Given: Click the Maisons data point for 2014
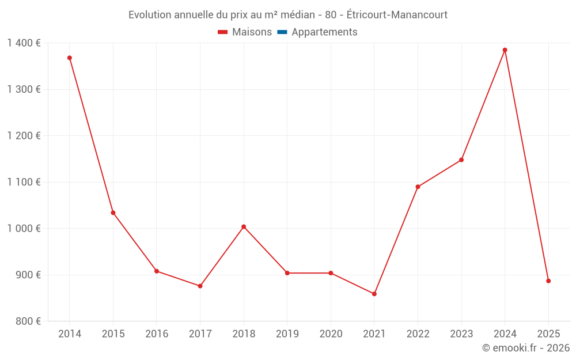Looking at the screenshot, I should [70, 58].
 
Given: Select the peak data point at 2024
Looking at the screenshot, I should [505, 50].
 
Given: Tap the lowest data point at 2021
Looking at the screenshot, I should [374, 294].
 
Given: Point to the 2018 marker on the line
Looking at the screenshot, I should [244, 227].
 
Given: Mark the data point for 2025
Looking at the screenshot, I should [548, 281].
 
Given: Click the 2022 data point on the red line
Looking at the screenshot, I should [418, 187].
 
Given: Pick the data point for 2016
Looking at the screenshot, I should [157, 271].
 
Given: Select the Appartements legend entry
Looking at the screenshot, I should [324, 32].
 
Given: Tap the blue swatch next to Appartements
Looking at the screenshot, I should [282, 32].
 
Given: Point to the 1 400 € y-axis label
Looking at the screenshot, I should [24, 43].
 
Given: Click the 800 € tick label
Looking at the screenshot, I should [27, 321].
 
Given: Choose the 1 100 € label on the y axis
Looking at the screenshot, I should [24, 182].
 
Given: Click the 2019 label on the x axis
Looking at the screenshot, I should [287, 334].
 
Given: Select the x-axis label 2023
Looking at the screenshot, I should [461, 334].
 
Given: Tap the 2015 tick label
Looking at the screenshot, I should [113, 334].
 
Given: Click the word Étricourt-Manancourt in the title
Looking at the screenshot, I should [397, 15].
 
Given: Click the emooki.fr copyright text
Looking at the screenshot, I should [525, 348].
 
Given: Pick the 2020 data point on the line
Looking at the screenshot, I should [331, 273].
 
